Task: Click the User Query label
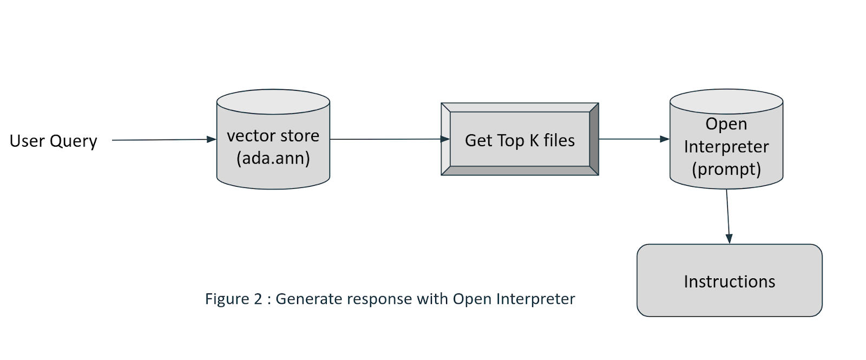pos(54,141)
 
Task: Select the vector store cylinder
pos(273,139)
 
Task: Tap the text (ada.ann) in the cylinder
pos(273,158)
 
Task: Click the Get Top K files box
pos(520,139)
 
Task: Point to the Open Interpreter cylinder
pos(726,139)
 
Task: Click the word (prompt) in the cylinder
pos(726,169)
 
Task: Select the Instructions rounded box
pos(730,280)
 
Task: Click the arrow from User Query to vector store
pos(164,140)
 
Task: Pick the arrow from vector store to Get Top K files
pos(390,139)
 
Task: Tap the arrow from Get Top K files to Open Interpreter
pos(634,139)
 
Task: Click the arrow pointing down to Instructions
pos(728,217)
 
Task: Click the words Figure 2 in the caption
pos(233,299)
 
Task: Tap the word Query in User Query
pos(74,142)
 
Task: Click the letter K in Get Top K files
pos(534,140)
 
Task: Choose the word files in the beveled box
pos(559,140)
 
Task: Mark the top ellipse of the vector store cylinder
pos(273,102)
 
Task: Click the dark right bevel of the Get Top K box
pos(594,139)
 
